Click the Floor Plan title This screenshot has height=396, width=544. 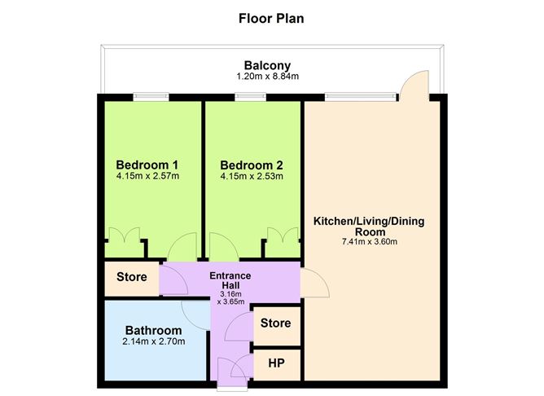tap(271, 17)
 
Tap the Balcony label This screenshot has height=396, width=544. tap(267, 65)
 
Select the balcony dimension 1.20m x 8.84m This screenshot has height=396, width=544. tap(267, 77)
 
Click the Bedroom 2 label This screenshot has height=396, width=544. tap(251, 162)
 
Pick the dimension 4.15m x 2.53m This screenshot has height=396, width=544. tap(251, 175)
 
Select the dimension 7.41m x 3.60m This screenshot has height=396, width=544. tap(369, 241)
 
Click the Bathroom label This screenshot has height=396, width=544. tap(153, 330)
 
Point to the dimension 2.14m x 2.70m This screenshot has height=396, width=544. tap(153, 341)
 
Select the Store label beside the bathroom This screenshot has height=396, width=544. tap(132, 277)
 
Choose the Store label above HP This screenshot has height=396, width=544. tap(275, 323)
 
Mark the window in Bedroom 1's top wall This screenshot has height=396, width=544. tap(151, 97)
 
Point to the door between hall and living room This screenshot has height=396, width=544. tap(316, 282)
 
